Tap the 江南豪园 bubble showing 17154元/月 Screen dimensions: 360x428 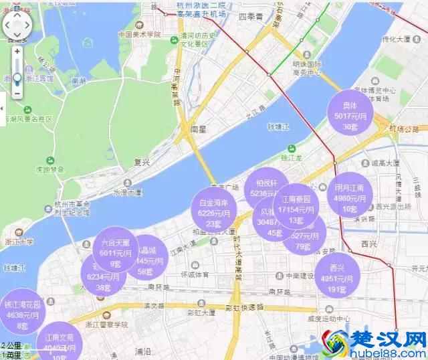click(296, 207)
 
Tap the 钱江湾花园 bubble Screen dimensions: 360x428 click(21, 313)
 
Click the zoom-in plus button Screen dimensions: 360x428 click(17, 51)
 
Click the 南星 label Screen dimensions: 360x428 click(199, 128)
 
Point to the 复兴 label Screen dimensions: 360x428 click(141, 162)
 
